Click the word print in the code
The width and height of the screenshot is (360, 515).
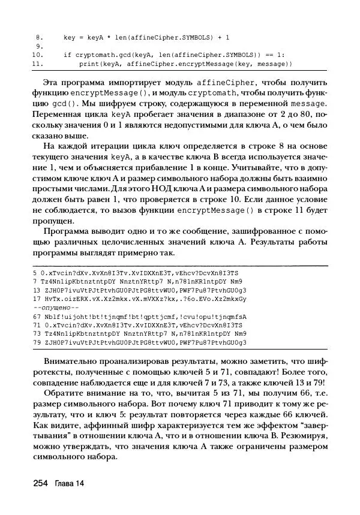point(89,62)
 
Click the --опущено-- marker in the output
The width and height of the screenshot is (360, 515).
point(51,307)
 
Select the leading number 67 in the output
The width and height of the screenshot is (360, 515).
point(37,316)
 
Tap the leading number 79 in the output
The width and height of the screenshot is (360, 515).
point(37,342)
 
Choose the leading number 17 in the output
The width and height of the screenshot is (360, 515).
point(37,298)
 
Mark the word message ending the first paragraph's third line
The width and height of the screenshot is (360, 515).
point(310,103)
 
